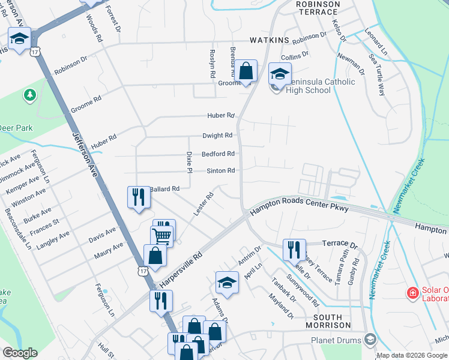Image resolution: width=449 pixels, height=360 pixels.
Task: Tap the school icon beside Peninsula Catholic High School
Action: click(x=279, y=74)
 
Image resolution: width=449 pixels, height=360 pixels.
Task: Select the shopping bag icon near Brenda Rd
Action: click(x=246, y=71)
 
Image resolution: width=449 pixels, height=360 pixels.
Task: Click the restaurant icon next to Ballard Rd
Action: click(x=139, y=197)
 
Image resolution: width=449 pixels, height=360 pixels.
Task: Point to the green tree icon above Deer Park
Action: click(x=28, y=95)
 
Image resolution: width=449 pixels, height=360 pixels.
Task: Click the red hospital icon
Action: click(x=412, y=293)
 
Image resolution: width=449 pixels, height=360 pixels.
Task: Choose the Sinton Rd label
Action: click(x=220, y=171)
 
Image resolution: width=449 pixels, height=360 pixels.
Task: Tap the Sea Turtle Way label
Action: click(x=378, y=77)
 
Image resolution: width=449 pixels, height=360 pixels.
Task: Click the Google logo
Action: click(x=20, y=352)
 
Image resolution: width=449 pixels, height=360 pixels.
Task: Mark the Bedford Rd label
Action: click(x=218, y=154)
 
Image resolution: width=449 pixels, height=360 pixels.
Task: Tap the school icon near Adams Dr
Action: click(x=228, y=281)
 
